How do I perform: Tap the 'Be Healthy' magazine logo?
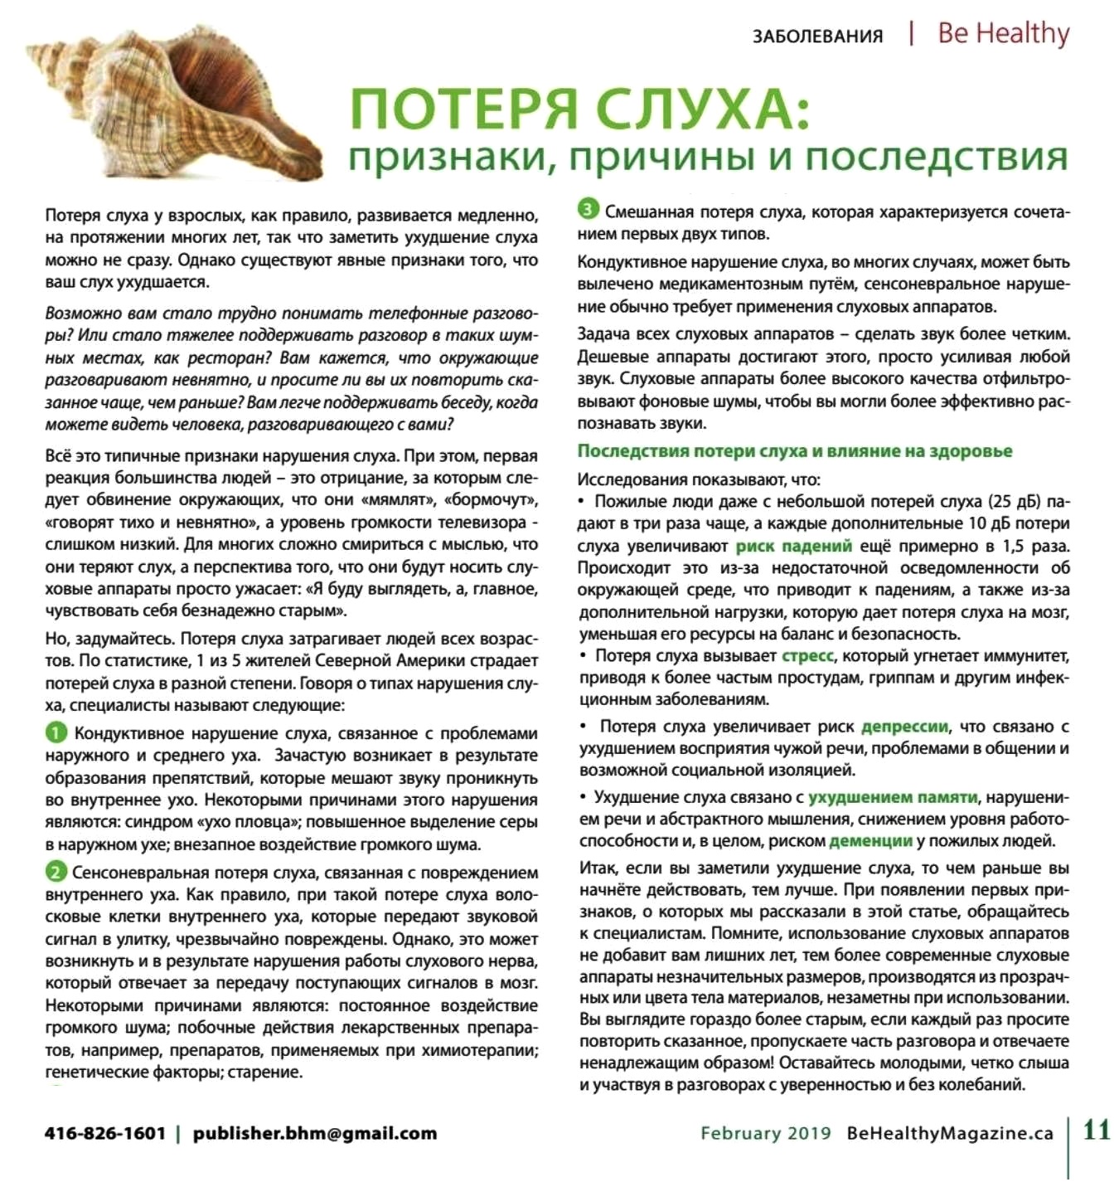pos(1003,33)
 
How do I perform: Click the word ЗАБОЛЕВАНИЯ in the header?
pos(817,36)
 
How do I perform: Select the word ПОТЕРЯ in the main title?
pos(464,109)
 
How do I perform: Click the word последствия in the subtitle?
pos(936,157)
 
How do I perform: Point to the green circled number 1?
pos(56,732)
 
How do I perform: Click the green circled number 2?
pos(56,871)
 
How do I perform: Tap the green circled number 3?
pos(588,210)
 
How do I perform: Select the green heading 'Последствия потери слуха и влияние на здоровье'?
pos(794,451)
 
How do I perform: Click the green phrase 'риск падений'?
pos(793,546)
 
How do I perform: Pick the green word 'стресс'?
pos(807,655)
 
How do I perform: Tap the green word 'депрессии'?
pos(904,727)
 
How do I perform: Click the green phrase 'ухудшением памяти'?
pos(893,797)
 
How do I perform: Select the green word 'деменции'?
pos(870,840)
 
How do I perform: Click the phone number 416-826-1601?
pos(105,1133)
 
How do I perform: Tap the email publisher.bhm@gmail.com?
pos(314,1133)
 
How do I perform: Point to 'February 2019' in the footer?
pos(765,1133)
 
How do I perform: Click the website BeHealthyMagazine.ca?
pos(950,1133)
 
